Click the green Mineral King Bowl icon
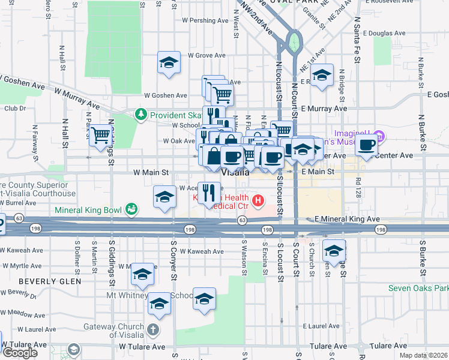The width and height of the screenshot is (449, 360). tap(131, 209)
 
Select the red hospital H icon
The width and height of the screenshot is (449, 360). tap(258, 200)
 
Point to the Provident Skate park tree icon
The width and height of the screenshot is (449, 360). tap(141, 114)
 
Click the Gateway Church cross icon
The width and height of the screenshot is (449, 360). tap(154, 330)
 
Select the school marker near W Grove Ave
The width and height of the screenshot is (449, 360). tap(169, 62)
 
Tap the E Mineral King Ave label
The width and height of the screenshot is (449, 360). tap(343, 219)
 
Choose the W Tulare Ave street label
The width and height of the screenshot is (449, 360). tap(142, 346)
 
